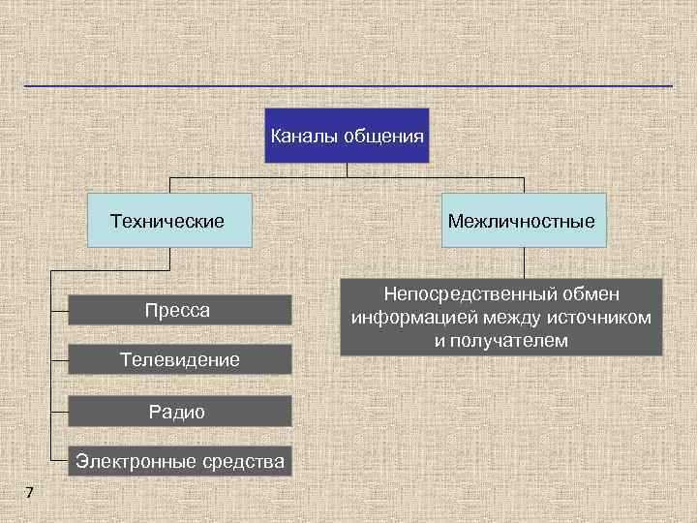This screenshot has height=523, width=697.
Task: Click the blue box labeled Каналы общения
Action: [346, 136]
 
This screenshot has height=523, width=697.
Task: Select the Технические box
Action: [169, 221]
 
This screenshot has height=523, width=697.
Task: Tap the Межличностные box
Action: [522, 221]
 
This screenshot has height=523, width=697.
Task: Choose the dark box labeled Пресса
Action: [179, 310]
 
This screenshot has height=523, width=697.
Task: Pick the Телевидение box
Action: [179, 360]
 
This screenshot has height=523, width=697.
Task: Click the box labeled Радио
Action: [179, 412]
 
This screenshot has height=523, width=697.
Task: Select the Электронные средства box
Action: [180, 462]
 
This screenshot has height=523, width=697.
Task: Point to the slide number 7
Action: [29, 494]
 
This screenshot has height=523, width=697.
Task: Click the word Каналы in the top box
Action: [301, 136]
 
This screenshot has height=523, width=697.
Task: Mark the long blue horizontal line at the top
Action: [348, 86]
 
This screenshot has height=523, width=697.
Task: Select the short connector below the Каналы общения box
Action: [347, 170]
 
